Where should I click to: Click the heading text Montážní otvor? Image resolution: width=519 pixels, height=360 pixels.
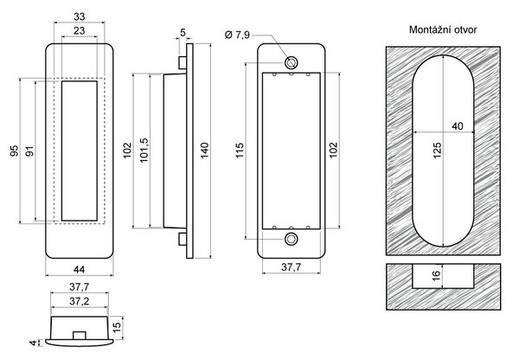[443, 29]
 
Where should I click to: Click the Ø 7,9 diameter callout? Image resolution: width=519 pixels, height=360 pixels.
[237, 35]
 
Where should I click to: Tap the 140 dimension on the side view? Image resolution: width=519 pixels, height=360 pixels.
[204, 150]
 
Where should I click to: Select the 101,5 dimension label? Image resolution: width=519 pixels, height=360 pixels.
[144, 150]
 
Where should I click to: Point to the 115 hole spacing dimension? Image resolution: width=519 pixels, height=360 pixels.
[240, 150]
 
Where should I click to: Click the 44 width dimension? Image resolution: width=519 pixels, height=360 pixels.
[79, 269]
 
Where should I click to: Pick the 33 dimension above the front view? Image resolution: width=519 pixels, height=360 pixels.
[79, 16]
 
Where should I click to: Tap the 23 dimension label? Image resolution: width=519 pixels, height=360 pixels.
[79, 31]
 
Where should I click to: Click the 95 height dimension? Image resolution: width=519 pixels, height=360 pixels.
[15, 151]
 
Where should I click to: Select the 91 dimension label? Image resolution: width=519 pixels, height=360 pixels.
[29, 151]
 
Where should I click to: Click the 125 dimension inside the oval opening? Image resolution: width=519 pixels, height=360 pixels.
[437, 151]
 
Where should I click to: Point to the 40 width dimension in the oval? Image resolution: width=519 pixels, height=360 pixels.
[458, 126]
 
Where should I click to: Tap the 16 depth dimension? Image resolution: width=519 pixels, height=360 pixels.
[436, 274]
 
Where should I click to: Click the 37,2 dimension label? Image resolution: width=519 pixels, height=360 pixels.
[79, 301]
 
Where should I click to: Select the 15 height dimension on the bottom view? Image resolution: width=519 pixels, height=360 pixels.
[117, 327]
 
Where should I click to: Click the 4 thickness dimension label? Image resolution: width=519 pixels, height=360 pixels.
[33, 343]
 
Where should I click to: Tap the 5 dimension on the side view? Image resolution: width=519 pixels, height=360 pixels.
[183, 33]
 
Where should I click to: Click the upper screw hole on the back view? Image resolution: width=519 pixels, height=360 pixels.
[292, 62]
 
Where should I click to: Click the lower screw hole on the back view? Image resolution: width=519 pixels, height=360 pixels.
[292, 239]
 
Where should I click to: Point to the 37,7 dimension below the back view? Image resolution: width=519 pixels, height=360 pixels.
[292, 267]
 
